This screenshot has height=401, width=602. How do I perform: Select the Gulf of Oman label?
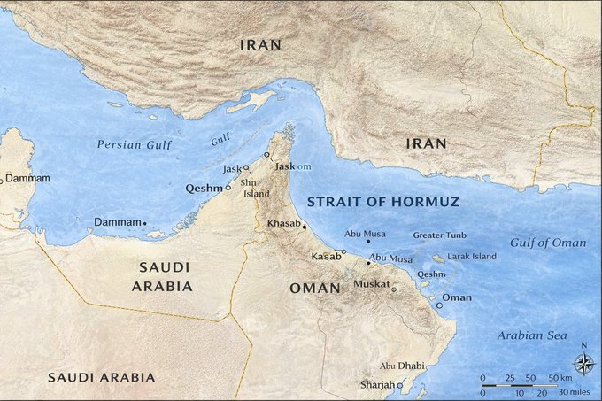coord(548,243)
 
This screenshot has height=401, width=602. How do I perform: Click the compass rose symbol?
coord(583,363)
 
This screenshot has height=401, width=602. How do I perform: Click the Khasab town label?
coord(283,223)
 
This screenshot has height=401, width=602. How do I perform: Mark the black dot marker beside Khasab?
coord(305,227)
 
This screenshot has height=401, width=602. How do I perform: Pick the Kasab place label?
coord(326,256)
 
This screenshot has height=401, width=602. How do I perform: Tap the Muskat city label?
coord(371,284)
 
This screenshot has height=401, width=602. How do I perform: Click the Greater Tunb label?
coord(439,235)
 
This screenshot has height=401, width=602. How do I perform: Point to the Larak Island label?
coord(474,257)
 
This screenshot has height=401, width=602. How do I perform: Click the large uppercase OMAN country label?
coord(314,289)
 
